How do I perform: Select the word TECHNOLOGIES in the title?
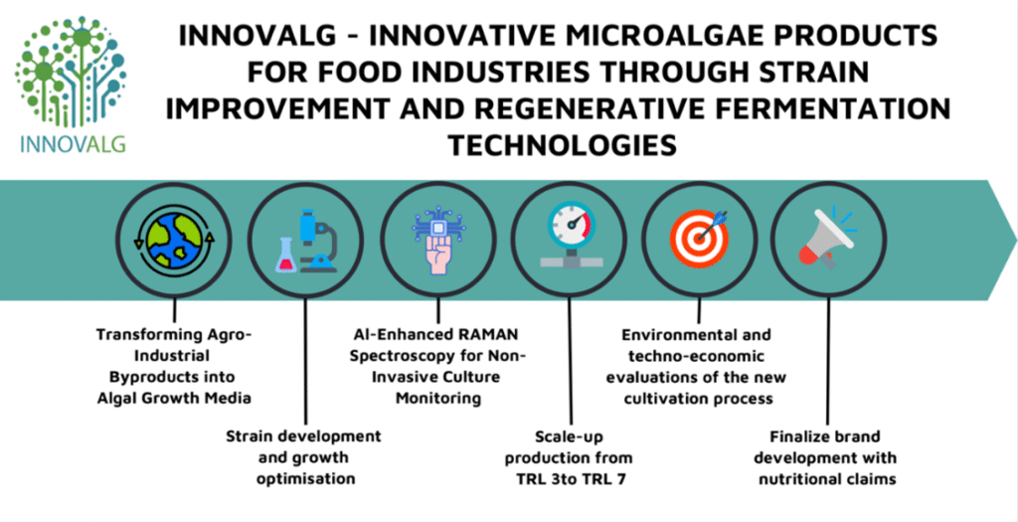[x=562, y=145]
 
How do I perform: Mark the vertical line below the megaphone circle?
[x=828, y=358]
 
